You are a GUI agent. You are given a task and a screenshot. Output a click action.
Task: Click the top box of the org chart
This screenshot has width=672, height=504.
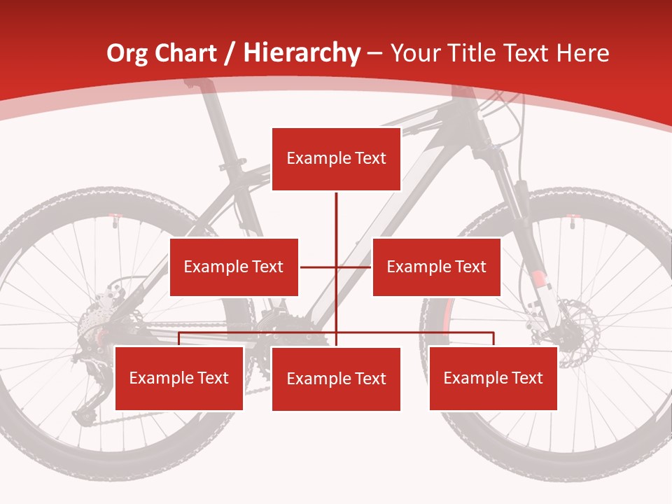coord(336,159)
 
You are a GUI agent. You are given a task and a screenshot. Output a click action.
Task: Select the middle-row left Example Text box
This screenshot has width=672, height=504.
coord(234,267)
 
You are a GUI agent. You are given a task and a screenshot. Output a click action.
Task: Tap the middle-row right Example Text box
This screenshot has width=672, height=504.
coord(436,267)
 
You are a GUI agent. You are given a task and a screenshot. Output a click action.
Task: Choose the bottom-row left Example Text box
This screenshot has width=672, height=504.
coord(179,379)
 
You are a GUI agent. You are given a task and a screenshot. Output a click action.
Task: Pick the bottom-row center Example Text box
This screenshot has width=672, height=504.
coord(336,379)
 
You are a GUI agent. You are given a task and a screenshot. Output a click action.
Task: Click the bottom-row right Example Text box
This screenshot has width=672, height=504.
coord(493,379)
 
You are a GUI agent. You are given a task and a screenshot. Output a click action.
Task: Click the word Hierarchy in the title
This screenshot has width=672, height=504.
coord(302,53)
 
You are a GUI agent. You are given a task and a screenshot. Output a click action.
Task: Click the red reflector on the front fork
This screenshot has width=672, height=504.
coord(538,280)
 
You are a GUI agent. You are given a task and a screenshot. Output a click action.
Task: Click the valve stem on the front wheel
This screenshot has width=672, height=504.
coord(572,221)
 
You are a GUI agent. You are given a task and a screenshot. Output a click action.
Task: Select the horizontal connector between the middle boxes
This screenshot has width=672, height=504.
coord(335,267)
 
